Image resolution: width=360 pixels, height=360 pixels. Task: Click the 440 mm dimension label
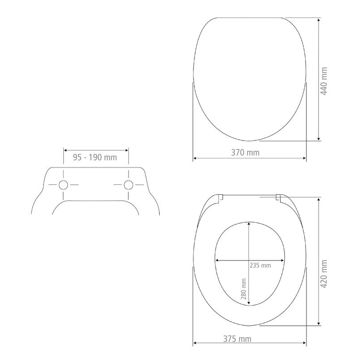[324, 81]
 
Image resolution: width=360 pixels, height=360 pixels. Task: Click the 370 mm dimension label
[245, 153]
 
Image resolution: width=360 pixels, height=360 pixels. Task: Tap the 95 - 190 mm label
[95, 157]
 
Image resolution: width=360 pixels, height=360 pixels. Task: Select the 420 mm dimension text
[324, 274]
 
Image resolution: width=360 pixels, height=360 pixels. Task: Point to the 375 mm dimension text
[238, 339]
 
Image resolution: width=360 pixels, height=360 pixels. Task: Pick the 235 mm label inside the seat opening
[260, 265]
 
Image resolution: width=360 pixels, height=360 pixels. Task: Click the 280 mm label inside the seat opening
[243, 289]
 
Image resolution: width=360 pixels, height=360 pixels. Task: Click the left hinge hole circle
[63, 185]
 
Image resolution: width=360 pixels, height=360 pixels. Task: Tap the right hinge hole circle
[128, 185]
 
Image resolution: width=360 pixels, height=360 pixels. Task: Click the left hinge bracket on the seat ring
[220, 198]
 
